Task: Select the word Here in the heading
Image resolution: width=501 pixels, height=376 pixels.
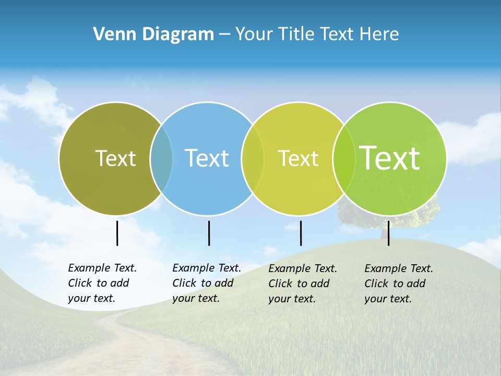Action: pyautogui.click(x=379, y=34)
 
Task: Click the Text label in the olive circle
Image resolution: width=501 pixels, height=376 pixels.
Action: pyautogui.click(x=115, y=158)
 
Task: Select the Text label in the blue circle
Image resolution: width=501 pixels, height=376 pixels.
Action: pyautogui.click(x=207, y=158)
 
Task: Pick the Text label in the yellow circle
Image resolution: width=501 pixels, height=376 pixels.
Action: pyautogui.click(x=298, y=159)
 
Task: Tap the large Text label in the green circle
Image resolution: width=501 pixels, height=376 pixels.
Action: pyautogui.click(x=390, y=158)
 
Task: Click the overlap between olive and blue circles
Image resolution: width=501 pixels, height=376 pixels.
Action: pyautogui.click(x=161, y=158)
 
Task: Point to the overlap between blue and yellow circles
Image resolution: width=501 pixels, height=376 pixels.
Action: pyautogui.click(x=253, y=158)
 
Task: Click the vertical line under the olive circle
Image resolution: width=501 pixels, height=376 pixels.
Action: pyautogui.click(x=117, y=233)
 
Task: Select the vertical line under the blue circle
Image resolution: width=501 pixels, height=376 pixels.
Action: pyautogui.click(x=209, y=233)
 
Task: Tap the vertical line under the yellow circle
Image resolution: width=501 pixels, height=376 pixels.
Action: pyautogui.click(x=301, y=233)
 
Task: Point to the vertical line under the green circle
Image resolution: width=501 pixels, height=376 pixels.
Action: pyautogui.click(x=388, y=233)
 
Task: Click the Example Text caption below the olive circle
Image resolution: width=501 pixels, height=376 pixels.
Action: pyautogui.click(x=102, y=283)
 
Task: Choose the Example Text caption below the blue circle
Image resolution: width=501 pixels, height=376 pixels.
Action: pyautogui.click(x=206, y=283)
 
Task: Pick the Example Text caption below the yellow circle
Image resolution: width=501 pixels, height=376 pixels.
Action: pyautogui.click(x=302, y=284)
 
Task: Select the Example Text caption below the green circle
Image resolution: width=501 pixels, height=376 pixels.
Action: pyautogui.click(x=398, y=284)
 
